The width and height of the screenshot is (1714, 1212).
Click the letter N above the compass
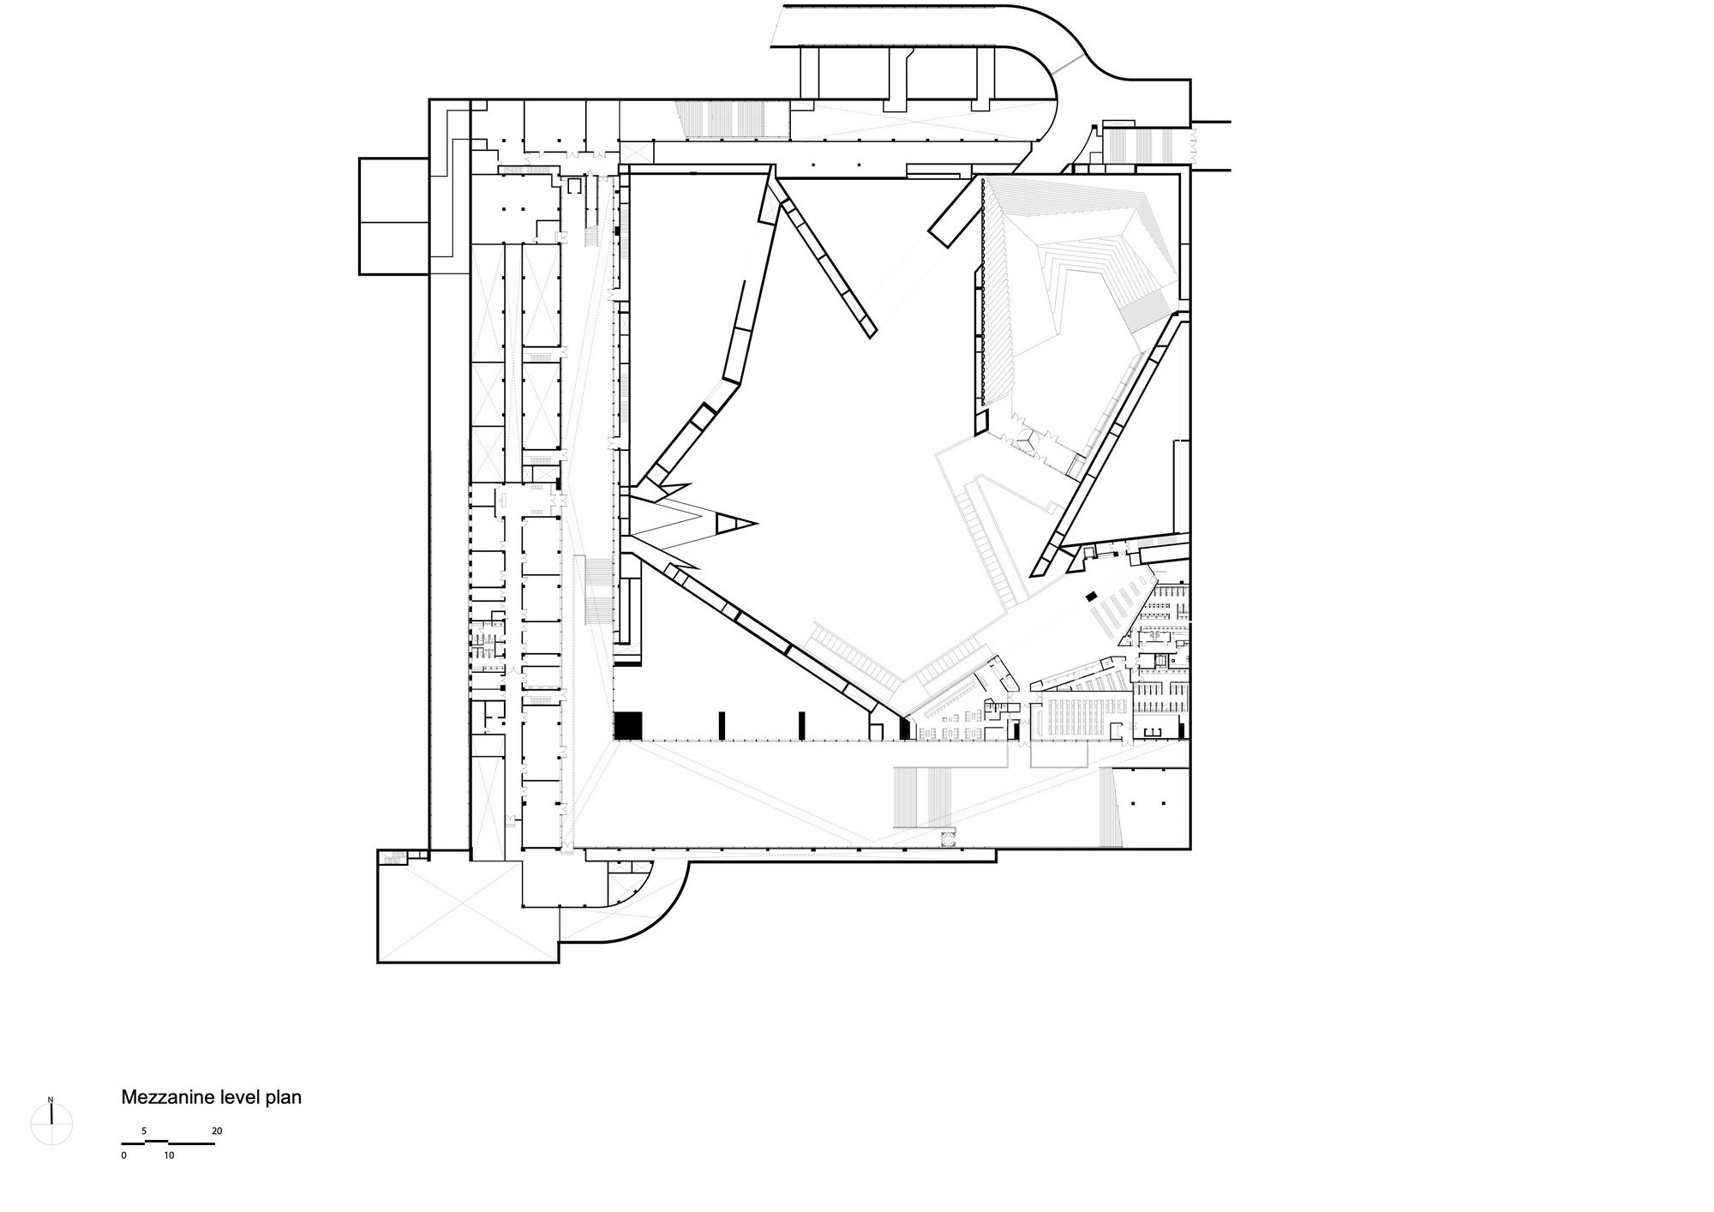[51, 1100]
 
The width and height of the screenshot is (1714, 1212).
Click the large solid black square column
[628, 725]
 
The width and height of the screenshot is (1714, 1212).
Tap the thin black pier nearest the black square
[722, 725]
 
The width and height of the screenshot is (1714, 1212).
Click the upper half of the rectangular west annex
[393, 190]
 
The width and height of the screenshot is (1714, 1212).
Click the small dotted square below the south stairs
[947, 839]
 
